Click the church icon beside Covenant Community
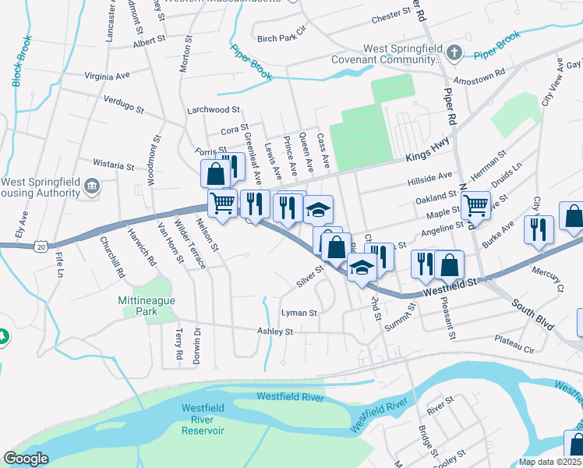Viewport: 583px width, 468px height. [x=454, y=53]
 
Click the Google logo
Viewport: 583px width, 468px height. [x=26, y=459]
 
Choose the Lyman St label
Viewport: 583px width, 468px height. [x=299, y=313]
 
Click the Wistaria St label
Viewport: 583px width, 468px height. [x=113, y=165]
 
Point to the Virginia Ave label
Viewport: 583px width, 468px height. [x=107, y=76]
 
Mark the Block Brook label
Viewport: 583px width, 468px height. [x=21, y=61]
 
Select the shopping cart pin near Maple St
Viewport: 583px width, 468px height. [x=475, y=204]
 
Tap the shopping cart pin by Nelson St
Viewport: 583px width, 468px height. [x=223, y=203]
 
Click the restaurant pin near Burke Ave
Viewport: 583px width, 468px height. [x=539, y=229]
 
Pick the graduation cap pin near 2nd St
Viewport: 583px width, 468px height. [x=362, y=267]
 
